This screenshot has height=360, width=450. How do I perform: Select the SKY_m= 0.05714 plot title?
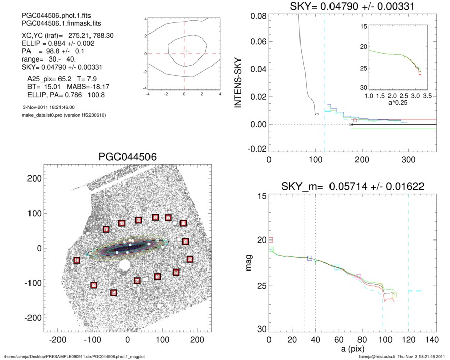click(353, 187)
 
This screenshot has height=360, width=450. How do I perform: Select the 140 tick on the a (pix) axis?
click(432, 339)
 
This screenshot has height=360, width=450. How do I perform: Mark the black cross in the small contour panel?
click(186, 50)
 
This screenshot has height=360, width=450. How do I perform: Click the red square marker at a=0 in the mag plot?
click(271, 239)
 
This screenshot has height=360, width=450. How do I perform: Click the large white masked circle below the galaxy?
click(124, 265)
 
